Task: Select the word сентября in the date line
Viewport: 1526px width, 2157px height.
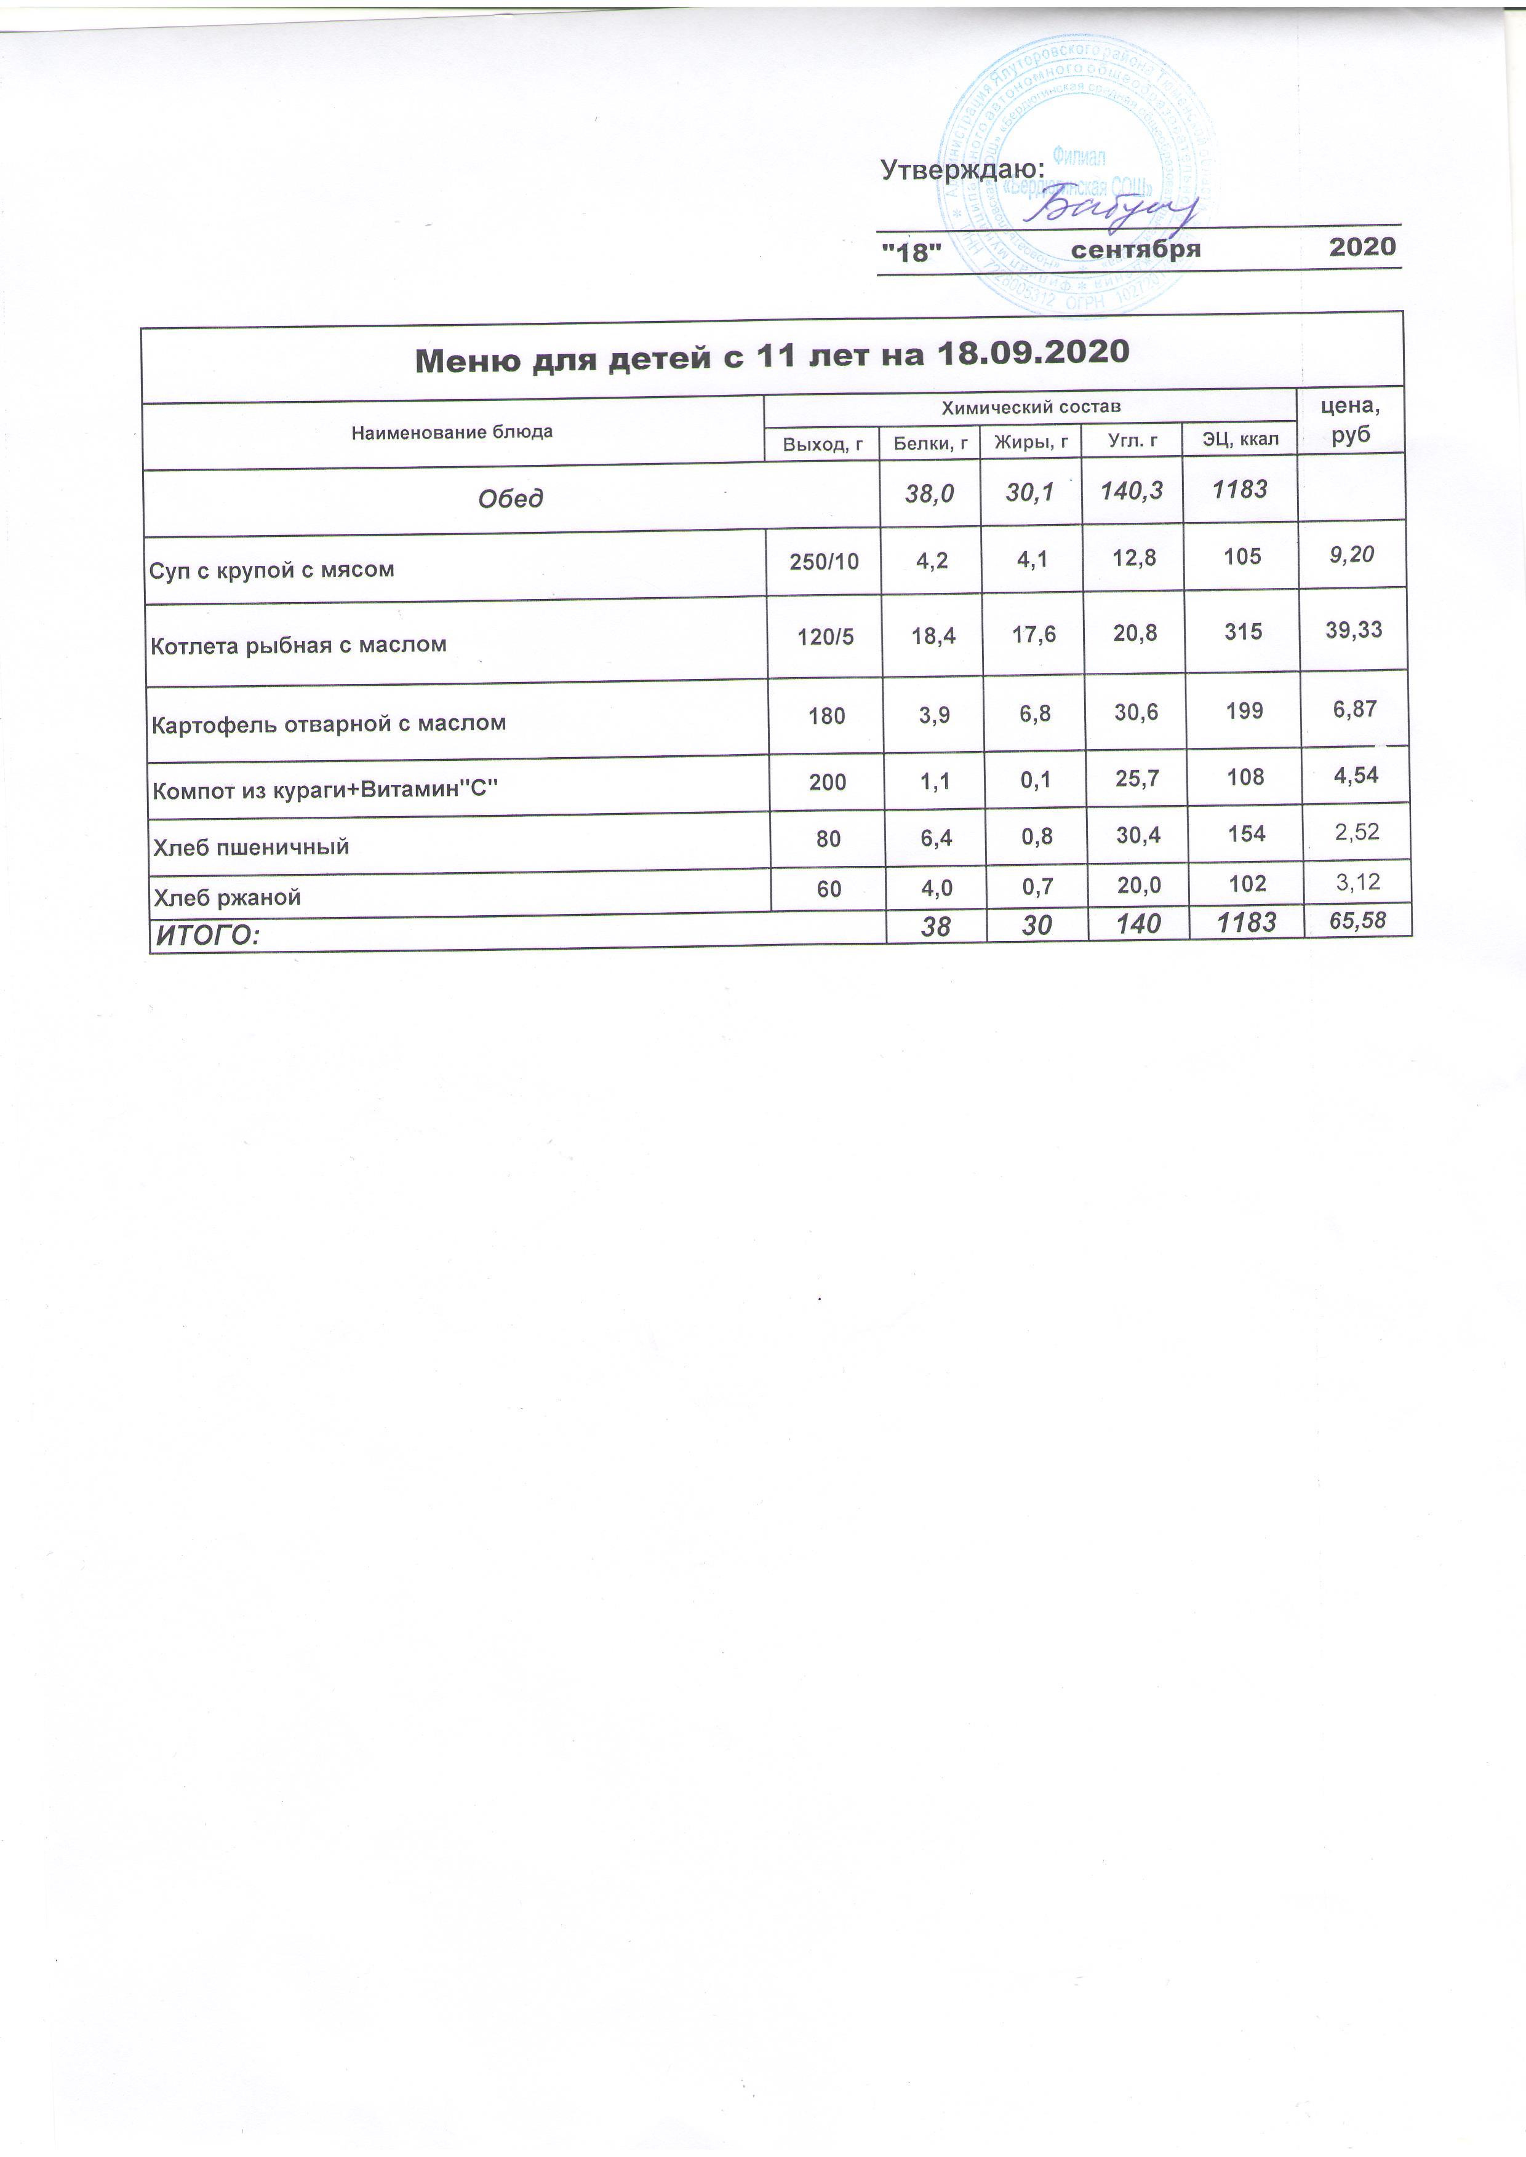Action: click(x=1136, y=249)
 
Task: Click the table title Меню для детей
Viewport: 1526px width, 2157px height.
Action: click(x=770, y=355)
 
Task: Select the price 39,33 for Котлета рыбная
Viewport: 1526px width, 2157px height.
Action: click(x=1353, y=629)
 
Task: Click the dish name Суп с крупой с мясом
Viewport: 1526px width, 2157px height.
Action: click(x=271, y=570)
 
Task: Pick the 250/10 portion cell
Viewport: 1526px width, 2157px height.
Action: click(x=823, y=562)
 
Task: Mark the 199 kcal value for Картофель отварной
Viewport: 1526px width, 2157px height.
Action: click(x=1244, y=710)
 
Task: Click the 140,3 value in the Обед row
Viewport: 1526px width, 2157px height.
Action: click(x=1132, y=490)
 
